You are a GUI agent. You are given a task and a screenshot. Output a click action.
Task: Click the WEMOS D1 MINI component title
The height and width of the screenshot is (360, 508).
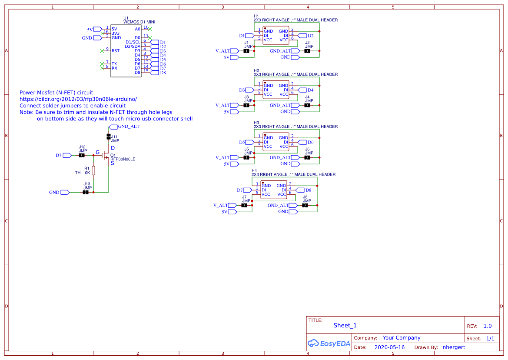(x=139, y=21)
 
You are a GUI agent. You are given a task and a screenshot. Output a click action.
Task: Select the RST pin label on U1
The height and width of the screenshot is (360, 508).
(x=116, y=51)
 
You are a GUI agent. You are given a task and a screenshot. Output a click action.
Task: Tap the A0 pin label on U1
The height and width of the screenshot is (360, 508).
(x=137, y=29)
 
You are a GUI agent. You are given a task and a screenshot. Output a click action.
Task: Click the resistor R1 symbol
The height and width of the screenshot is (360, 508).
(x=93, y=170)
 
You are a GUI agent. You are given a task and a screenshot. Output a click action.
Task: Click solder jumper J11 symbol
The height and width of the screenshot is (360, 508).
(x=108, y=137)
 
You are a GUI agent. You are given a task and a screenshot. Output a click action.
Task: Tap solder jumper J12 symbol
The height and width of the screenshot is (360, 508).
(x=81, y=155)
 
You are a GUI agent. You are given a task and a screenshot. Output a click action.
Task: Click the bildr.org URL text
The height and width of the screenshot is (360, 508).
(x=78, y=99)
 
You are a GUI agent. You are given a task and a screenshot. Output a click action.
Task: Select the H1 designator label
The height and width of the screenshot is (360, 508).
(x=256, y=16)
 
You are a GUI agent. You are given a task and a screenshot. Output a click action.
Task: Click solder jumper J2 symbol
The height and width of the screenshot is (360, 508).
(x=307, y=51)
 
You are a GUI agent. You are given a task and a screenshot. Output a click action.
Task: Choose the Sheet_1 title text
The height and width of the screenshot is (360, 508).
(x=345, y=325)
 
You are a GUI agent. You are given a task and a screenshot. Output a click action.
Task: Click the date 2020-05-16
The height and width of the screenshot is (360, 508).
(x=389, y=347)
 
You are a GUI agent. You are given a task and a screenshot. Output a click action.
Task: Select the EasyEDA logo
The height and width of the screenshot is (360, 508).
(x=329, y=343)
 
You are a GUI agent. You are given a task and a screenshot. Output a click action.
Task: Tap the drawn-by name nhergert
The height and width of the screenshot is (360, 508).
(x=454, y=347)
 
